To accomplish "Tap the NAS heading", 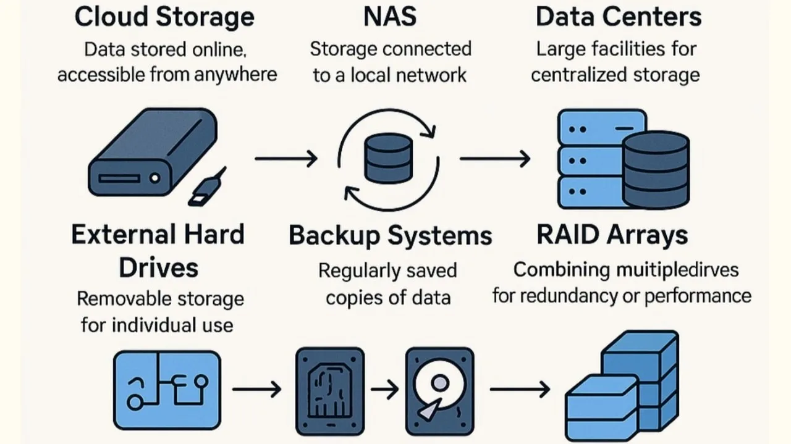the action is click(x=390, y=17).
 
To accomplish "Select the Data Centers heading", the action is click(x=619, y=17).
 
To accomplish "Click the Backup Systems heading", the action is click(x=391, y=236).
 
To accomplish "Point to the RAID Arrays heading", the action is click(x=612, y=235).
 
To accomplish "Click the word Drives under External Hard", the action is click(x=159, y=268).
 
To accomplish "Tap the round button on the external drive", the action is click(x=154, y=178).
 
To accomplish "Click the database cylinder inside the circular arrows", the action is click(x=389, y=158).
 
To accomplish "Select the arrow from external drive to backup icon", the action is click(x=286, y=159).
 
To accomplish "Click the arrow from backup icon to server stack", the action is click(x=495, y=159).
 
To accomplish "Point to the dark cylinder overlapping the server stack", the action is click(x=656, y=169).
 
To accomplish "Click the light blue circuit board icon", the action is click(x=167, y=390).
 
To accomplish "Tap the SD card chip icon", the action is click(x=330, y=391).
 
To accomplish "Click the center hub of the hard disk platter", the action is click(x=440, y=383).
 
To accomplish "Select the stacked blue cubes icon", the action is click(x=622, y=385).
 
